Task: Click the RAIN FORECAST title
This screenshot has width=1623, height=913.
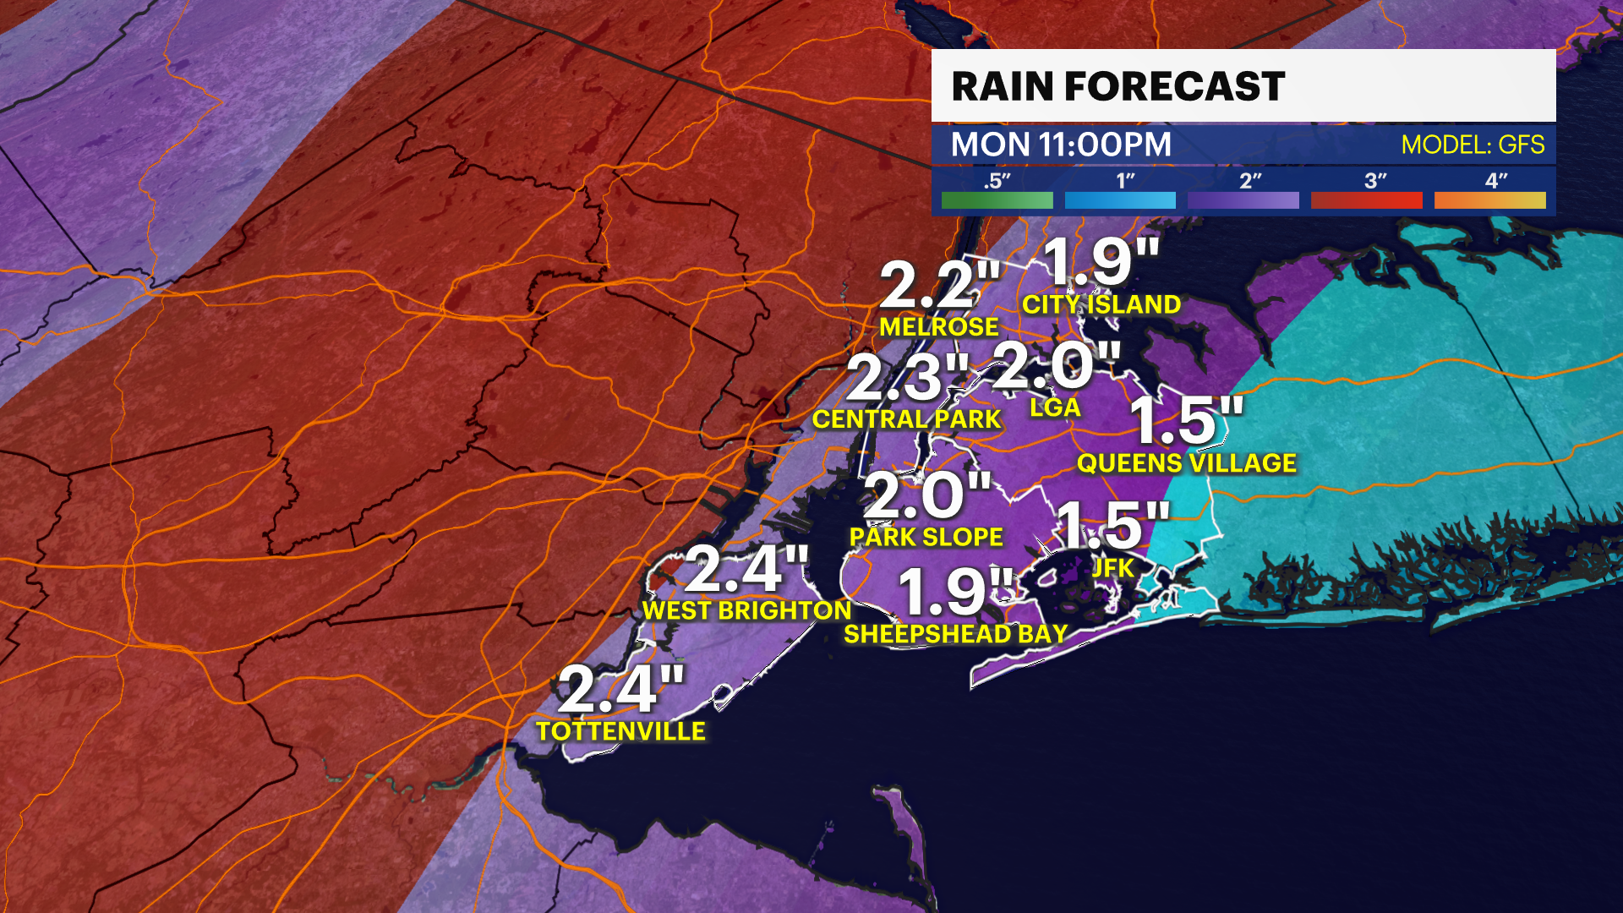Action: pos(1118,86)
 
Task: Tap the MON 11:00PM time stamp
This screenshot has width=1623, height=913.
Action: pos(1061,145)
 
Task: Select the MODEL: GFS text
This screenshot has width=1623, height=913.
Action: pos(1473,145)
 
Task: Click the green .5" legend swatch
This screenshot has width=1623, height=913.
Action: pos(997,200)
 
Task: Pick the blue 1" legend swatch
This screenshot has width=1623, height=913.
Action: pos(1120,200)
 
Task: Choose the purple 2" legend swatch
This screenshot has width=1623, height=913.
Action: pos(1243,200)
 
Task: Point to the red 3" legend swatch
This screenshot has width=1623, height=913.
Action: pos(1366,200)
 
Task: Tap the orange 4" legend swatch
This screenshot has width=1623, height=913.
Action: pos(1489,200)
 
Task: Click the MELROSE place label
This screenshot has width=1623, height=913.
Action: pos(938,327)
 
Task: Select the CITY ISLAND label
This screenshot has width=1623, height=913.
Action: pos(1101,304)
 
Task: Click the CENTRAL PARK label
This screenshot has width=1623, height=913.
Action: pos(906,419)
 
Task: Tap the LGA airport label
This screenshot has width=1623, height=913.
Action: pos(1055,407)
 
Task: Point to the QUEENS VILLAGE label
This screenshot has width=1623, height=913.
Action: pos(1186,463)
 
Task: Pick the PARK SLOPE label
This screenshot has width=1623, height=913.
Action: pos(926,537)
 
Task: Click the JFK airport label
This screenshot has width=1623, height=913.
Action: pos(1112,568)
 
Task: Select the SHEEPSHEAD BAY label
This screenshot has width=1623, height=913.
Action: pos(955,634)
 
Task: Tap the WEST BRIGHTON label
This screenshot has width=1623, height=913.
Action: pos(746,610)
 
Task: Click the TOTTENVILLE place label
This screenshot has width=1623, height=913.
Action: pos(620,731)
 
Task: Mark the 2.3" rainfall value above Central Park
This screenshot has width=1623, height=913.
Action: pos(906,377)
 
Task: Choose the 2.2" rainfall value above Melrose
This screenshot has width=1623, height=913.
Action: pos(938,285)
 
